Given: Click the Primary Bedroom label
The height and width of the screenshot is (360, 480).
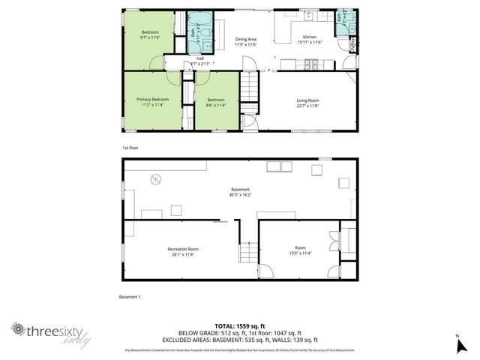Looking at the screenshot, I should (152, 99).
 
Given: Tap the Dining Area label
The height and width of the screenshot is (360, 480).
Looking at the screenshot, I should (246, 39).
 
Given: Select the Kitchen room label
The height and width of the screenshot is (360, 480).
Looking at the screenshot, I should (310, 37).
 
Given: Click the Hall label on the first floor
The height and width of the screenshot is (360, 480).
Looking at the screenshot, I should (200, 58).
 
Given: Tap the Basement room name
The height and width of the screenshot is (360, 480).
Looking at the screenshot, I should (240, 189).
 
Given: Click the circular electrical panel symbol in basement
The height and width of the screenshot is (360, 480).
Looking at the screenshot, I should (155, 178).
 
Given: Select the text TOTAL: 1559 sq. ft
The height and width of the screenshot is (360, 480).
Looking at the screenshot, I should (240, 325).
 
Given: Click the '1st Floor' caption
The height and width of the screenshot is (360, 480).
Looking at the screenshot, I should (130, 148).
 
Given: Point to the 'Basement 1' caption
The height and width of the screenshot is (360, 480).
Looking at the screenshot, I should (130, 297).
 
